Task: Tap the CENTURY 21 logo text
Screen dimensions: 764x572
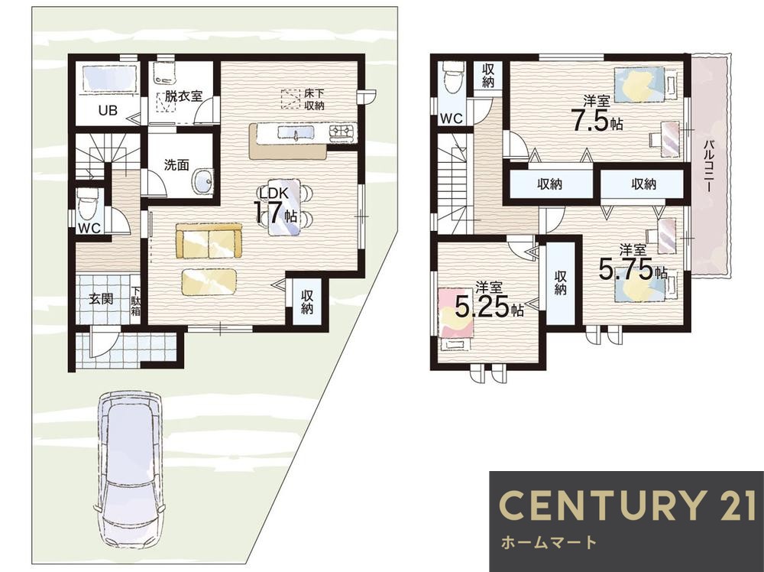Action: pos(628,505)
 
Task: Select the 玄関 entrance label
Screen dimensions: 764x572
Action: pos(101,298)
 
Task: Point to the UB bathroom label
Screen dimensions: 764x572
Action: pos(108,111)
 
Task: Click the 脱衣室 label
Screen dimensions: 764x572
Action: pos(183,96)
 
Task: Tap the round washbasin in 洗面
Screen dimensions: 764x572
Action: pos(202,181)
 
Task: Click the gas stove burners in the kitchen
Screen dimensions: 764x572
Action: pos(344,131)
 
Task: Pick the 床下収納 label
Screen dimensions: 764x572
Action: pos(314,99)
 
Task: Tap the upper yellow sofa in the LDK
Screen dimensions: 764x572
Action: pos(209,241)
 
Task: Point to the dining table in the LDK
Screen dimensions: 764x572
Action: pos(283,207)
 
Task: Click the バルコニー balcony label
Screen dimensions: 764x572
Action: pos(710,166)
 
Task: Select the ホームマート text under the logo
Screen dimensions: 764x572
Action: pos(549,541)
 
